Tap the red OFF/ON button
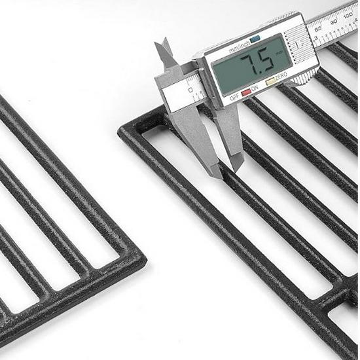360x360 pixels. click(x=246, y=93)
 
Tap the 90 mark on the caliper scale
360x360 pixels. click(x=334, y=20)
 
